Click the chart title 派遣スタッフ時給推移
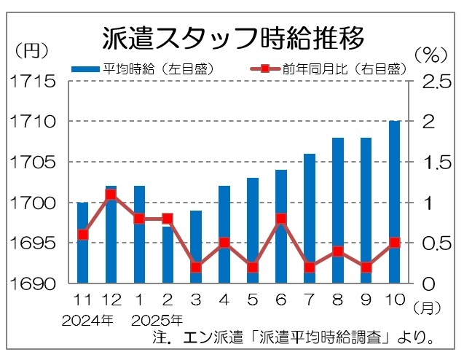pyautogui.click(x=232, y=39)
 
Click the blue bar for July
pyautogui.click(x=309, y=218)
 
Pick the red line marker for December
pyautogui.click(x=111, y=195)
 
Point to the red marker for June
pyautogui.click(x=281, y=218)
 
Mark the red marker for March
pyautogui.click(x=196, y=267)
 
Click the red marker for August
pyautogui.click(x=337, y=251)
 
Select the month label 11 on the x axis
pyautogui.click(x=82, y=300)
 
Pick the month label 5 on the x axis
pyautogui.click(x=253, y=300)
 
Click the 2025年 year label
pyautogui.click(x=157, y=319)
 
